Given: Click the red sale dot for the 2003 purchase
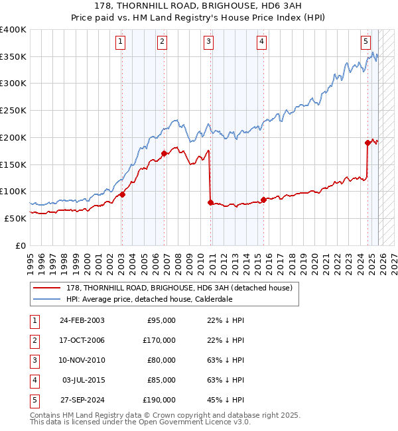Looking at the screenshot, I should (122, 194).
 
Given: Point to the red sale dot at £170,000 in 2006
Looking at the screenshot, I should (164, 154).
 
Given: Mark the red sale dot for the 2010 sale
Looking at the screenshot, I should (210, 202).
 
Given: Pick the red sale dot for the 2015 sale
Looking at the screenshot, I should (263, 200).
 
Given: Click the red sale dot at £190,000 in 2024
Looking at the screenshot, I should (367, 143).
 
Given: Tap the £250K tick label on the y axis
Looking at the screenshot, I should (13, 110).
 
